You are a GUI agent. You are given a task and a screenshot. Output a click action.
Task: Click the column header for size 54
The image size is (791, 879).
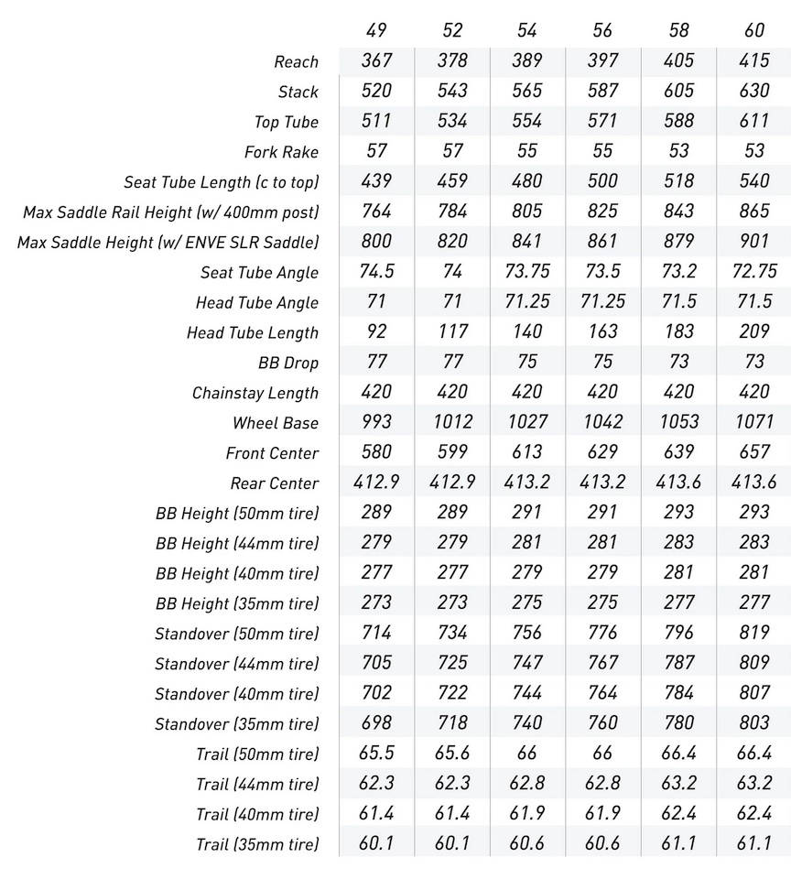527,30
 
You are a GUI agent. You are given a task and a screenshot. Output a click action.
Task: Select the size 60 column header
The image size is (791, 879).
753,30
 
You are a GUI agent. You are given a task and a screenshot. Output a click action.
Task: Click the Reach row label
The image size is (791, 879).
296,62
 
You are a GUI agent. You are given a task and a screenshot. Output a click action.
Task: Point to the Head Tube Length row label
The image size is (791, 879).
253,333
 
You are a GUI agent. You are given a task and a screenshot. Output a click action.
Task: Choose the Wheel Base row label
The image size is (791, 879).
276,423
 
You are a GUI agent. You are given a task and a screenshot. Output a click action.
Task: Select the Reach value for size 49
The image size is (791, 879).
376,60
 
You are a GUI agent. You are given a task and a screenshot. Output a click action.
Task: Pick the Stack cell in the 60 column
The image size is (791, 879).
753,91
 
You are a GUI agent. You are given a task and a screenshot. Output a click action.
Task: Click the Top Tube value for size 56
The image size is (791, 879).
602,121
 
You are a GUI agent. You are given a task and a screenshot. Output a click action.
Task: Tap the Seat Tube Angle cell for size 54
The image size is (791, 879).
527,272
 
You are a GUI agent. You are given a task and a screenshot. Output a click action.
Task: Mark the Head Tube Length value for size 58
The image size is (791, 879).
678,331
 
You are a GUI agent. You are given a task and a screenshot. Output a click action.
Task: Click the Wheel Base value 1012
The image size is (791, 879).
452,422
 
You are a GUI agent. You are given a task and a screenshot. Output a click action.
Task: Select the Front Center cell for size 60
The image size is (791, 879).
753,452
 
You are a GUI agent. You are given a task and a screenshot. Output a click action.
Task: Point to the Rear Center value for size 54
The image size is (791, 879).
527,483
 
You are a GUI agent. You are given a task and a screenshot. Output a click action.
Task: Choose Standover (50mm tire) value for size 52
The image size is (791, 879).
452,633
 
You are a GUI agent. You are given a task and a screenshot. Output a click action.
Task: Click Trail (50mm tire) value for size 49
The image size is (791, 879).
376,754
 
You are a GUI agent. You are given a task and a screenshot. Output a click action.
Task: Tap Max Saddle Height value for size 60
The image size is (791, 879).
753,242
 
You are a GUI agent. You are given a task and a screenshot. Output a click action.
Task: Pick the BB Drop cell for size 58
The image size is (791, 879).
678,362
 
